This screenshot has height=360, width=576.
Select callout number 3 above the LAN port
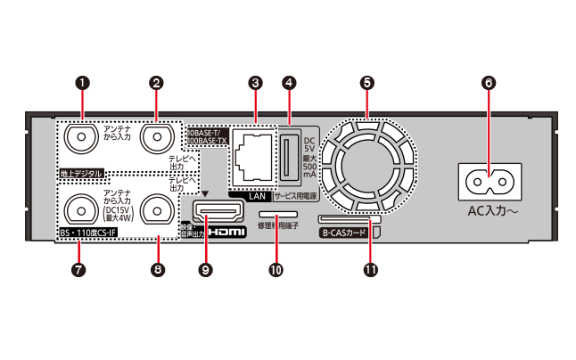pos(256,82)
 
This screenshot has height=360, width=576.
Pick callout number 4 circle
pos(289,82)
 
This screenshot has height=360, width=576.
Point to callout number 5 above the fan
pos(366,82)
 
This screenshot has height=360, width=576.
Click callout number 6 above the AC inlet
pos(487,82)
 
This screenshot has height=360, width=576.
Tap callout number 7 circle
pos(81,269)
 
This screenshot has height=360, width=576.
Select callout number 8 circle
pos(157,269)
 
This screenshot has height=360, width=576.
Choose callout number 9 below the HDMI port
pos(208,269)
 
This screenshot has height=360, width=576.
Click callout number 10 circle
pos(276,269)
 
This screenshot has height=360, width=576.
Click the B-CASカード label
pos(343,233)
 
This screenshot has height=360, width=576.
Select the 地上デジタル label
pos(81,172)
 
